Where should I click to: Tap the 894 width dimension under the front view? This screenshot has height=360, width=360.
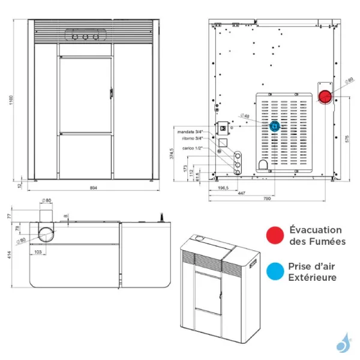(93, 188)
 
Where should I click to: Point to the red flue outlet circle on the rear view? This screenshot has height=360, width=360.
(324, 96)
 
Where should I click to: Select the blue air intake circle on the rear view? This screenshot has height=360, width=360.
(275, 126)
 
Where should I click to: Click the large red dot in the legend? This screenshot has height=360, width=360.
(275, 235)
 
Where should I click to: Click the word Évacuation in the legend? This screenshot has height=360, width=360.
(316, 230)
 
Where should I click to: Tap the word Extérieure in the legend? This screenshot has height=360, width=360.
(313, 277)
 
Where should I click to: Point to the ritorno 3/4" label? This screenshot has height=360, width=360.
(191, 138)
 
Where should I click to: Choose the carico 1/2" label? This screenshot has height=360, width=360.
(193, 147)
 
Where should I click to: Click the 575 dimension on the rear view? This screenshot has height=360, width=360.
(347, 138)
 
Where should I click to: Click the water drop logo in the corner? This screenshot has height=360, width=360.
(343, 344)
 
